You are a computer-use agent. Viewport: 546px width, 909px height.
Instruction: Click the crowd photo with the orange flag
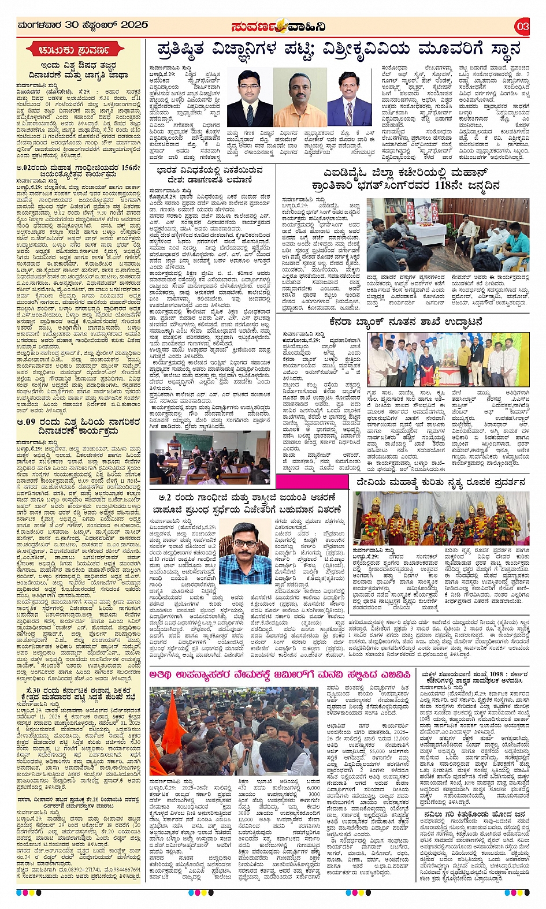pos(233,731)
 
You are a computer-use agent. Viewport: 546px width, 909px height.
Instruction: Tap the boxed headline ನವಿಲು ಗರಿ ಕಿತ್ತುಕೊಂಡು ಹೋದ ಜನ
pos(473,814)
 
